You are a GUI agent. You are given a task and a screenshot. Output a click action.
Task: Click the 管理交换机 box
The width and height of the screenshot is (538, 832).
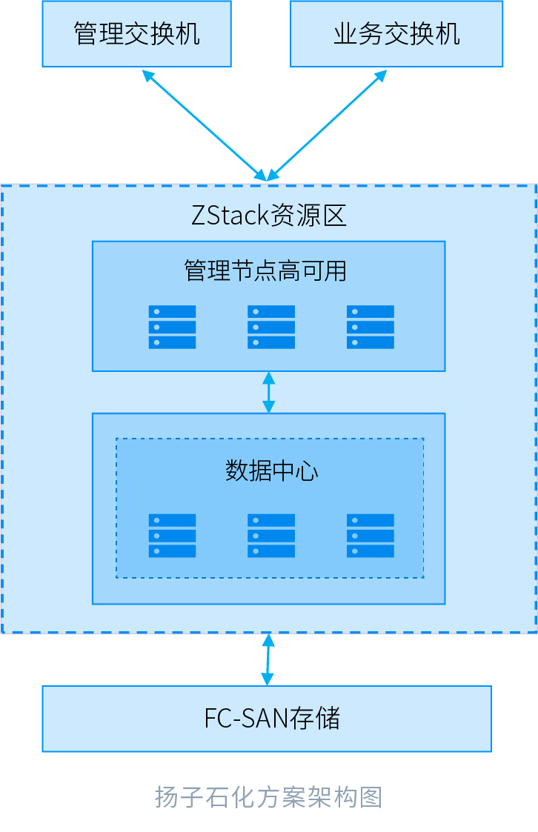tap(136, 34)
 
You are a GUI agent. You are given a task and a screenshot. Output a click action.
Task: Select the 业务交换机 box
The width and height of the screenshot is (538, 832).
tap(396, 34)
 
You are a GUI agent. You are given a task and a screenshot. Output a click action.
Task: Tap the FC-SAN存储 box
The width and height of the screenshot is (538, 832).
tap(267, 718)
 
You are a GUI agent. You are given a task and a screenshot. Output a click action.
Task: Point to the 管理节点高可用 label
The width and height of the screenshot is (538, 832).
tap(265, 270)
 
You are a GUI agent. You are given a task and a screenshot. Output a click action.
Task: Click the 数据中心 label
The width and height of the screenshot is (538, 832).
tap(271, 470)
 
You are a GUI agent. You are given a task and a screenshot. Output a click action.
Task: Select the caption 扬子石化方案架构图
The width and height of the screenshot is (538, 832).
tap(268, 797)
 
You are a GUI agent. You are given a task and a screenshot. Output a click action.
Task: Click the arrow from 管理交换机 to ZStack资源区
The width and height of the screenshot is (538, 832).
tap(205, 125)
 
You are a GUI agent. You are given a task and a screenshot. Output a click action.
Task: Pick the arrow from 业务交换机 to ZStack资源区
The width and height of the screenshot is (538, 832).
tap(327, 125)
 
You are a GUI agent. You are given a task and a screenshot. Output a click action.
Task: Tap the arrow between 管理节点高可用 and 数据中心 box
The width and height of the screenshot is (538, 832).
tap(268, 392)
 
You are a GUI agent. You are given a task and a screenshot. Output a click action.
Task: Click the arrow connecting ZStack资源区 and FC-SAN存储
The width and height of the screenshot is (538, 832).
tap(268, 659)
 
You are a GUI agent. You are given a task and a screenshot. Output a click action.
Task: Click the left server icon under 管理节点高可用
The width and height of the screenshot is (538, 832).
tap(172, 327)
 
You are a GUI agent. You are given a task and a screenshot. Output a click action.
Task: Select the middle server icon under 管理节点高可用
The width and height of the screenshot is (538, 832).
tap(271, 327)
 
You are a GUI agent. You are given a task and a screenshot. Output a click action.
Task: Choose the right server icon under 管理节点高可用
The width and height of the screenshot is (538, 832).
tap(370, 327)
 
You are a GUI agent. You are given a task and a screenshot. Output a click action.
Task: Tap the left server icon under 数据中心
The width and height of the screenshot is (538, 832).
tap(172, 536)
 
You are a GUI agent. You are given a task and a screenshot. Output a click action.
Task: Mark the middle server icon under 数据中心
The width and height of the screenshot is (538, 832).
tap(271, 536)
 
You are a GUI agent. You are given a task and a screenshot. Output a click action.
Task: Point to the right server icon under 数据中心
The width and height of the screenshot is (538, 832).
tap(370, 536)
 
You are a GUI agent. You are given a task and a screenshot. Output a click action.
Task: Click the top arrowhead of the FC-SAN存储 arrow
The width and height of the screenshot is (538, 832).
tap(268, 639)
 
